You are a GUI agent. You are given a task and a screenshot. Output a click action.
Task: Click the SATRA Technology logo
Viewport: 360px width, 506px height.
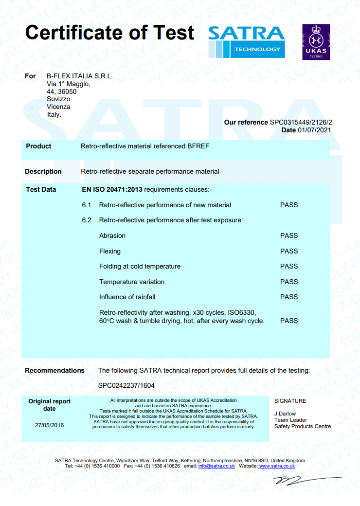point(246,41)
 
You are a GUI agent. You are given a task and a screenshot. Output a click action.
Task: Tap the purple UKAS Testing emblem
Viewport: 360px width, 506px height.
point(316,42)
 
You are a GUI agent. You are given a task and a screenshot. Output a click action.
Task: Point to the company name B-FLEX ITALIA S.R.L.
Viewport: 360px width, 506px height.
point(80,76)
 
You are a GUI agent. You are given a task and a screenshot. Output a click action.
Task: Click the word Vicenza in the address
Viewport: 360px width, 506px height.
point(58,107)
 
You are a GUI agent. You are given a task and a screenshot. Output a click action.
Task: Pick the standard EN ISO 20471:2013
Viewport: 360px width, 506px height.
point(112,189)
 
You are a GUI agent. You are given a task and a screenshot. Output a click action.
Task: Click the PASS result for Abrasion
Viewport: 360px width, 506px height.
point(289,235)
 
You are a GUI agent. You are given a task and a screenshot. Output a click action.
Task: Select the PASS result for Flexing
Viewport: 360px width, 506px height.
point(289,251)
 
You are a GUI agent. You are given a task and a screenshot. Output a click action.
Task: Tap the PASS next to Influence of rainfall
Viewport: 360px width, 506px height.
point(289,297)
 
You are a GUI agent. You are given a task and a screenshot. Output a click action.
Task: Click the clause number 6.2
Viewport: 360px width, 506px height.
point(87,220)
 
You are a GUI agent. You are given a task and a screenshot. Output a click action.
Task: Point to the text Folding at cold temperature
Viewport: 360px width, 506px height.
point(140,266)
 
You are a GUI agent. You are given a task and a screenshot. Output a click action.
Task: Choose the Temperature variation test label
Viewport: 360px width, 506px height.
point(132,282)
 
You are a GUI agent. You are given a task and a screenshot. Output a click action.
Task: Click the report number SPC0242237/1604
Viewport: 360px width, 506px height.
point(126,385)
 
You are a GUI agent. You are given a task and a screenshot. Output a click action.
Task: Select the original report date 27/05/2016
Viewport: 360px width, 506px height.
point(49,425)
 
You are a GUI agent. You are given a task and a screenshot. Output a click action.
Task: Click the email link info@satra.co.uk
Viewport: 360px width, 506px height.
point(216,466)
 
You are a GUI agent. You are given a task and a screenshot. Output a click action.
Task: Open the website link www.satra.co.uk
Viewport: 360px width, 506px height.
point(277,466)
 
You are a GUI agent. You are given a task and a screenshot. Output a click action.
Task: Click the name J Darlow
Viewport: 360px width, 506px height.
point(285,414)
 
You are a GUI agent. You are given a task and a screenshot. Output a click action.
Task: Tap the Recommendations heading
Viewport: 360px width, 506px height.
point(54,370)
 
